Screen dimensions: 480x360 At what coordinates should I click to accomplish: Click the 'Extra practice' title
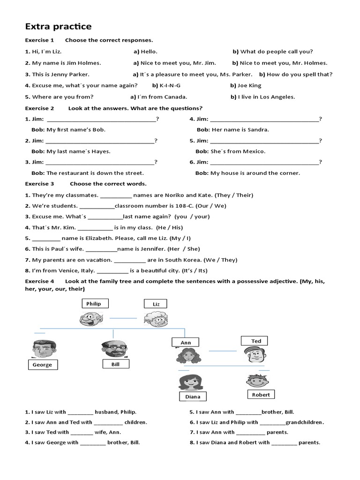58,26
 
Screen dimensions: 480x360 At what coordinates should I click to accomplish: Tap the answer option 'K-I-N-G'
170,85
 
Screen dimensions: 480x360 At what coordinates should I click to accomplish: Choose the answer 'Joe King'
249,85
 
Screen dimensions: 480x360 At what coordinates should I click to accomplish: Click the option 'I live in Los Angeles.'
266,97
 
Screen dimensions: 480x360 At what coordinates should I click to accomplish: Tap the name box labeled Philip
94,304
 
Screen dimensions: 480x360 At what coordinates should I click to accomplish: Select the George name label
42,365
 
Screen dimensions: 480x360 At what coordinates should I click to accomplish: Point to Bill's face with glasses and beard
113,349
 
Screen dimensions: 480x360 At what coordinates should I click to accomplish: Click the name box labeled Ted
256,341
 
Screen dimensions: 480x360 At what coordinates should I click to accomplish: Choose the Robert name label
261,395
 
